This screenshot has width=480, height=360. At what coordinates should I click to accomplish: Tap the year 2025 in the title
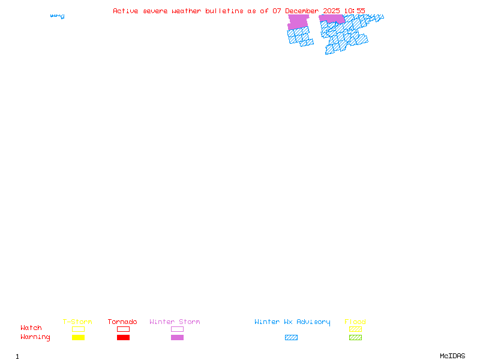pyautogui.click(x=332, y=11)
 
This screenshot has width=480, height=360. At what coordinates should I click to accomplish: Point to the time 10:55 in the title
pyautogui.click(x=355, y=11)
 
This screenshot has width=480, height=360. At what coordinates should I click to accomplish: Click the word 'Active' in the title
pyautogui.click(x=126, y=11)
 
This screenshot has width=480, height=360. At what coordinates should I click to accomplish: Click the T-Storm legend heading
pyautogui.click(x=77, y=322)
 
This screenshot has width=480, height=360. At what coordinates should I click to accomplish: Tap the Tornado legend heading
pyautogui.click(x=122, y=322)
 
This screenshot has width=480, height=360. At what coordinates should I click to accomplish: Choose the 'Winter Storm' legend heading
pyautogui.click(x=175, y=322)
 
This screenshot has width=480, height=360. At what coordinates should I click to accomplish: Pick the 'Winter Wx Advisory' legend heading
pyautogui.click(x=292, y=322)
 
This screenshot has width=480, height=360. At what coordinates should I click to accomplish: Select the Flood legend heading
pyautogui.click(x=355, y=322)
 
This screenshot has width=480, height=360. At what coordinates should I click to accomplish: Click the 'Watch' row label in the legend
pyautogui.click(x=31, y=328)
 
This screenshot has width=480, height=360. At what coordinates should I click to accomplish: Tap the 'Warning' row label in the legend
pyautogui.click(x=35, y=337)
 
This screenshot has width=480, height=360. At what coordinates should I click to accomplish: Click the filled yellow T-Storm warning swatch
pyautogui.click(x=78, y=338)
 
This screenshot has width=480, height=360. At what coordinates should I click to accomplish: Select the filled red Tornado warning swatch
pyautogui.click(x=123, y=338)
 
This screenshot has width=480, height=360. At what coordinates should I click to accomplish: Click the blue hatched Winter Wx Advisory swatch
pyautogui.click(x=291, y=338)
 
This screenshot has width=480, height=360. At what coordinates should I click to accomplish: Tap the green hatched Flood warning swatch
pyautogui.click(x=355, y=338)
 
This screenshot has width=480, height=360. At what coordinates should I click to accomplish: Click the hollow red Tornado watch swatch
pyautogui.click(x=123, y=329)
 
